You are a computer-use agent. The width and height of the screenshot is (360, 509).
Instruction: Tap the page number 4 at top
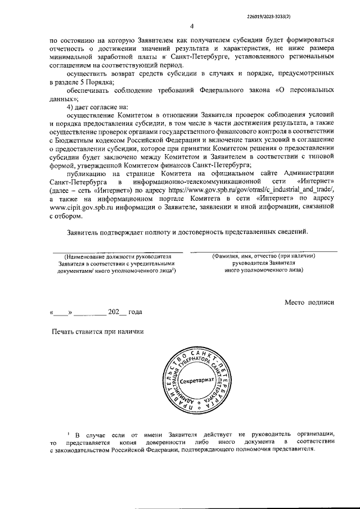coord(191,26)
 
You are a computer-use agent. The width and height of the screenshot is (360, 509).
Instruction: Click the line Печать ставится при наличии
coord(98,331)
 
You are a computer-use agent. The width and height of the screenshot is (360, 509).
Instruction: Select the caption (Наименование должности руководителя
coord(118,256)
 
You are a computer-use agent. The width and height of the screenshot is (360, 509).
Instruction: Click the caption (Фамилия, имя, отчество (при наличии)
coord(263,256)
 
